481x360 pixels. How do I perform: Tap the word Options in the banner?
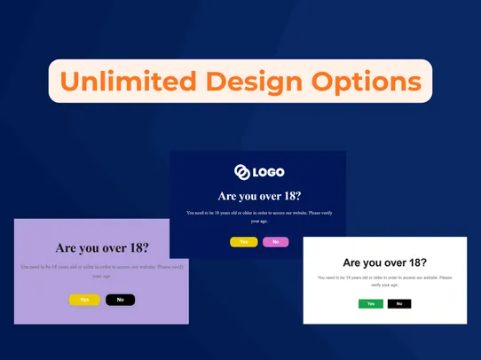[x=367, y=82]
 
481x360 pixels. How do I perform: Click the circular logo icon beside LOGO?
[x=241, y=172]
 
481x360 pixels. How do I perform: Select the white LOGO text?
[x=268, y=172]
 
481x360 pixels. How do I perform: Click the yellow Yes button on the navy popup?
[x=243, y=242]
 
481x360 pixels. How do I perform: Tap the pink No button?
[x=275, y=242]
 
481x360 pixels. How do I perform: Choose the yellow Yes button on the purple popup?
[x=84, y=300]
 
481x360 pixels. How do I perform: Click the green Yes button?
[x=371, y=303]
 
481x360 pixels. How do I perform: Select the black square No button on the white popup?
[x=399, y=303]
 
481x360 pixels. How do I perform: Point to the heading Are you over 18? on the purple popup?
[x=102, y=248]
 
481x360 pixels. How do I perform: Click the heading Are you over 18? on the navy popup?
[x=258, y=196]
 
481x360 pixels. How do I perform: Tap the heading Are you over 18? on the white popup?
[x=384, y=262]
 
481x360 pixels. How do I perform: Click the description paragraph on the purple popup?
[x=102, y=270]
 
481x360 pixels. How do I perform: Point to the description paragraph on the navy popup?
[x=258, y=216]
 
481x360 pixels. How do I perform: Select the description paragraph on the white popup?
[x=384, y=281]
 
